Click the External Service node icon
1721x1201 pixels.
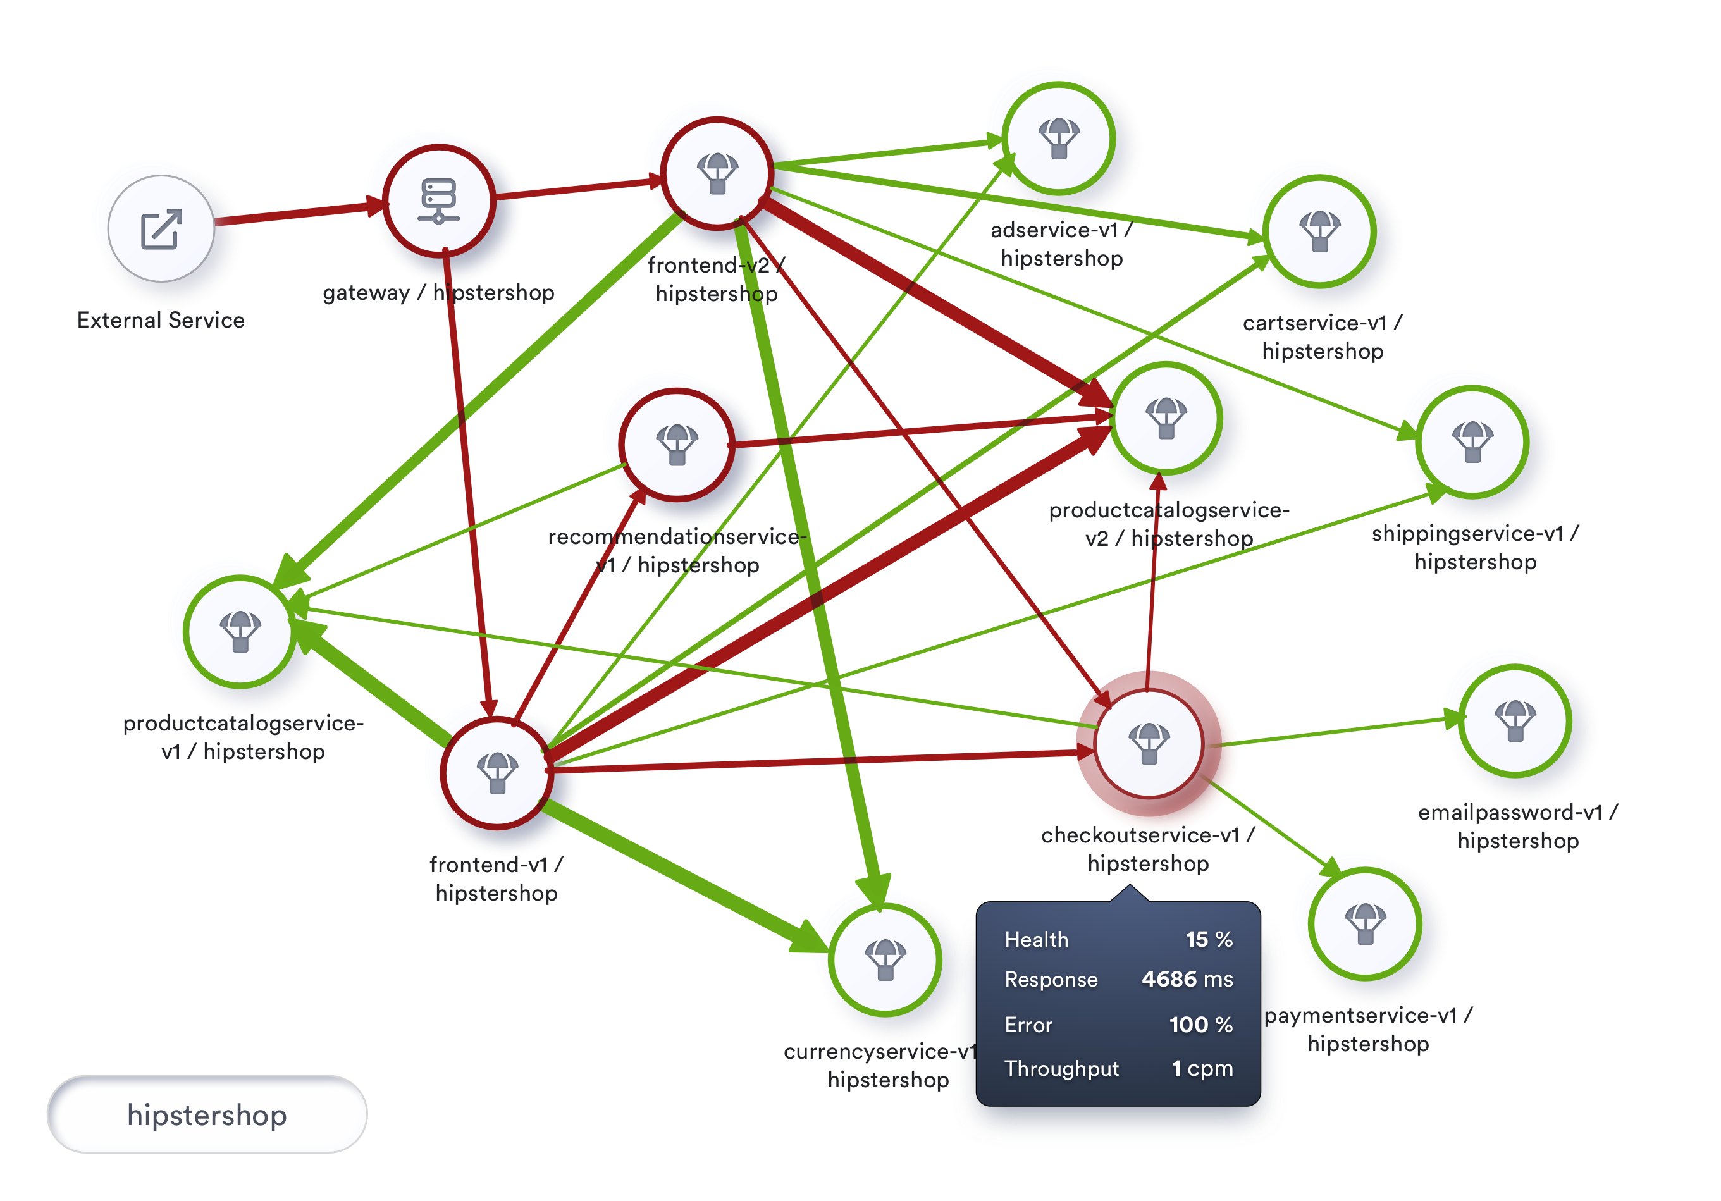tap(161, 229)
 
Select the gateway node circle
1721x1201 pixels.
tap(438, 201)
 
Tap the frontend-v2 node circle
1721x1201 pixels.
tap(717, 173)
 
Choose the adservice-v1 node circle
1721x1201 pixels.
tap(1058, 139)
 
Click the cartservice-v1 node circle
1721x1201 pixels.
tap(1319, 231)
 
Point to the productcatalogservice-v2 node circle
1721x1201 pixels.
tap(1166, 418)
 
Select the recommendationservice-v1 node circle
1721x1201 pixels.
tap(677, 445)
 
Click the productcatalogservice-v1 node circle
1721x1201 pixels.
tap(240, 631)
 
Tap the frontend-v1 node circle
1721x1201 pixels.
tap(497, 773)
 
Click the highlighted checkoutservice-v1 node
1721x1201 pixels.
tap(1149, 744)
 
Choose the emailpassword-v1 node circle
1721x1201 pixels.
tap(1515, 720)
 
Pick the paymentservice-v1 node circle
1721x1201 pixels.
tap(1365, 923)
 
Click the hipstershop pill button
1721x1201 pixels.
tap(207, 1115)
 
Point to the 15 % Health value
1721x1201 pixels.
tap(1208, 939)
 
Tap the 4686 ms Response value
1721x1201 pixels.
tap(1187, 979)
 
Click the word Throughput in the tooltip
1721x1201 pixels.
tap(1061, 1068)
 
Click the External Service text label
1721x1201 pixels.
tap(161, 320)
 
